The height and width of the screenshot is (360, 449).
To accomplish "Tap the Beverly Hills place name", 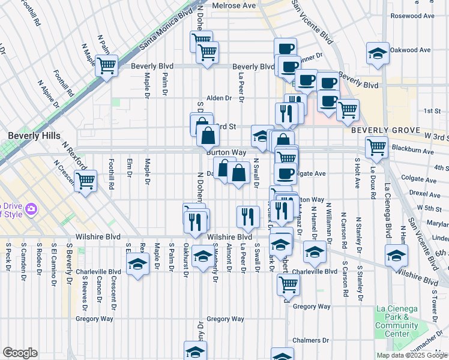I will point(34,136).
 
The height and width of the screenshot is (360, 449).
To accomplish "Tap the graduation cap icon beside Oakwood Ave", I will point(378,53).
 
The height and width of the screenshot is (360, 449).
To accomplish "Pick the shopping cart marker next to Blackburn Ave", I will point(376,146).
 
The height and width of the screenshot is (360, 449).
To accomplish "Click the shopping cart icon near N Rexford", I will point(86,179).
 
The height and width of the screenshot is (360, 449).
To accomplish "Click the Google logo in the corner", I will point(20,353).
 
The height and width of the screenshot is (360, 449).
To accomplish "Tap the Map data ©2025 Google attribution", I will point(412,355).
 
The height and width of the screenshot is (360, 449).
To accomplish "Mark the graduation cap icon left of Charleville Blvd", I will point(137,264).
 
